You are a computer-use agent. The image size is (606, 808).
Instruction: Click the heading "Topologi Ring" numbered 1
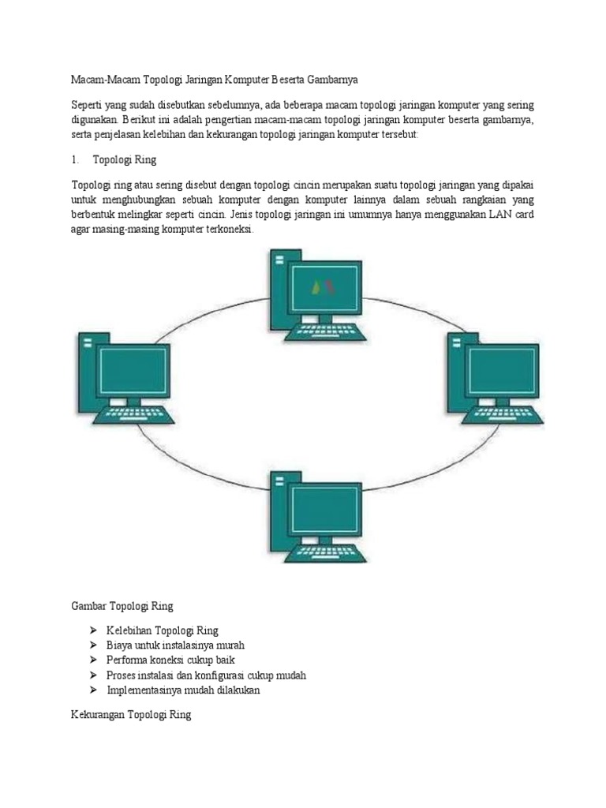125,159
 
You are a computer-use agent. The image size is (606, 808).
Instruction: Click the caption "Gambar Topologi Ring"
122,606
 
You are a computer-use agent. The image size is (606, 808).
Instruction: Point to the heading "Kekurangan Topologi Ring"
131,715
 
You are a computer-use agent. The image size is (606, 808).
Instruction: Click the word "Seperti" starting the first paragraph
86,105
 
